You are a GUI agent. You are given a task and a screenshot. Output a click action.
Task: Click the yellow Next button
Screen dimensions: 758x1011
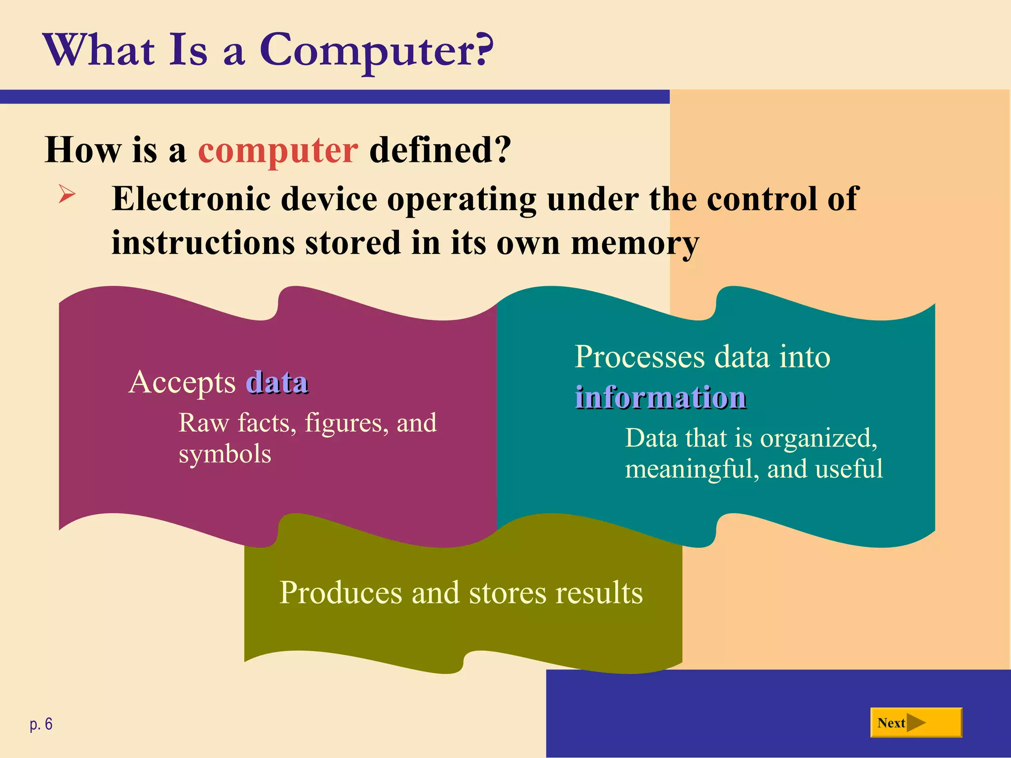pyautogui.click(x=916, y=722)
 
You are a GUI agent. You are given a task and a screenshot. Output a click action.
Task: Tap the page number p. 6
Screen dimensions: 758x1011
pyautogui.click(x=41, y=724)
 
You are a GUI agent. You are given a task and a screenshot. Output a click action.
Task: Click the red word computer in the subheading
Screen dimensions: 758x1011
pyautogui.click(x=278, y=150)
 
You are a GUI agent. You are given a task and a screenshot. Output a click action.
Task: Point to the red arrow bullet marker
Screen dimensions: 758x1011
pyautogui.click(x=67, y=193)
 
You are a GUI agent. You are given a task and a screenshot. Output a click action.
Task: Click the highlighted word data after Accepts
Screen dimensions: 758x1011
pyautogui.click(x=277, y=382)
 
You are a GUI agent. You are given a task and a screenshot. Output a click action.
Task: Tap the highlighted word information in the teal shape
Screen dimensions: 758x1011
pyautogui.click(x=661, y=397)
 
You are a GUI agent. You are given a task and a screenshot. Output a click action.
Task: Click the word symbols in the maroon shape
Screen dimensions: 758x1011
pyautogui.click(x=225, y=454)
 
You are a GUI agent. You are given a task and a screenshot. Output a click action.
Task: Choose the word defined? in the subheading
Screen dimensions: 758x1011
pyautogui.click(x=440, y=150)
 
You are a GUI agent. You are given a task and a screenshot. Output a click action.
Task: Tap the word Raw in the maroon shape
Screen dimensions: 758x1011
pyautogui.click(x=203, y=423)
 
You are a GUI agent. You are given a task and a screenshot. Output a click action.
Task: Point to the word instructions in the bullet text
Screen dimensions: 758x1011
pyautogui.click(x=203, y=243)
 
